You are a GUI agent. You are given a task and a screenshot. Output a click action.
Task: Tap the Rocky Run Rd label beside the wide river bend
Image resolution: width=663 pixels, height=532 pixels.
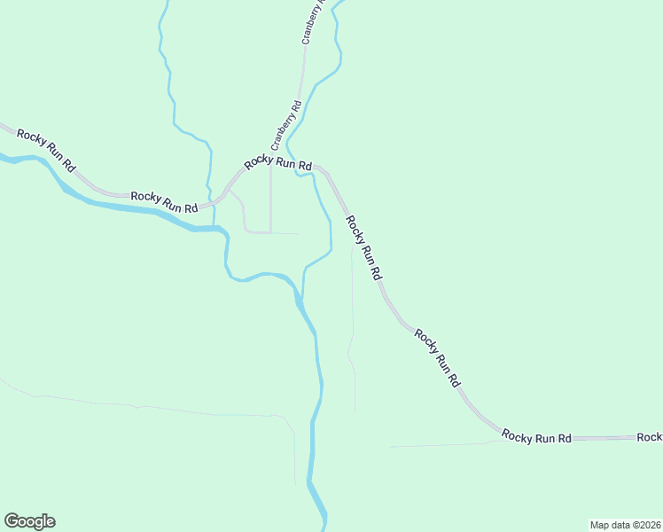point(164,201)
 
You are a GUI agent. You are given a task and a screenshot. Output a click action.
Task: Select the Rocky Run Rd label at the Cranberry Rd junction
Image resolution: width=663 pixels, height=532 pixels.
point(278,162)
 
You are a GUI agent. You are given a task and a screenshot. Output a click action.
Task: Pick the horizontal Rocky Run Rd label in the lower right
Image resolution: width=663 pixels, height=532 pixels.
point(536,436)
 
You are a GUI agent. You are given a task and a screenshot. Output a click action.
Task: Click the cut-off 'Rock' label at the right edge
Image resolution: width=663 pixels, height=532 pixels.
point(649,437)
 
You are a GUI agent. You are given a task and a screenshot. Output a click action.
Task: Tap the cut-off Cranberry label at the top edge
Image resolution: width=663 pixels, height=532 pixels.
point(313,22)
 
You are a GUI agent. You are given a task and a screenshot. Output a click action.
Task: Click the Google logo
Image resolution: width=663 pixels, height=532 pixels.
point(29,521)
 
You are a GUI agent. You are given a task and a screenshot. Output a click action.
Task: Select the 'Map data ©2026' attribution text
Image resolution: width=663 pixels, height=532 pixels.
point(625,524)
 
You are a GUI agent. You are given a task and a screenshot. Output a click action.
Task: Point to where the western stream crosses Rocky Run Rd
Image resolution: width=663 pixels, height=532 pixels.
point(214,205)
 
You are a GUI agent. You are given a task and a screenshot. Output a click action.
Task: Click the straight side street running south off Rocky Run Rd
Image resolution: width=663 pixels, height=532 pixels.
point(270,199)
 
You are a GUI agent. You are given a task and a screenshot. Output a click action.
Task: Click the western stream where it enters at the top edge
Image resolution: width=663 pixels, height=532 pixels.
point(165,4)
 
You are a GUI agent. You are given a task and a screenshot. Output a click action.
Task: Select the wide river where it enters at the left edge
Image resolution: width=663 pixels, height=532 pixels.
point(4,159)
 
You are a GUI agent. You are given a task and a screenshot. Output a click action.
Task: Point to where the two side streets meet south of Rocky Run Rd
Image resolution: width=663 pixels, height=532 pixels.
point(270,232)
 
